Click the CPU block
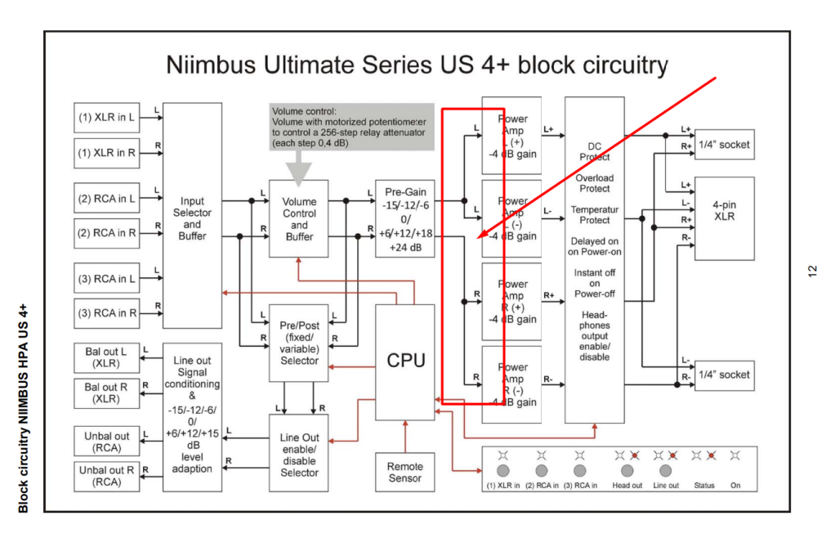pyautogui.click(x=405, y=361)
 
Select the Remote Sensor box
pyautogui.click(x=405, y=472)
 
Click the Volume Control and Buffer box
pyautogui.click(x=299, y=218)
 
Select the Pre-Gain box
pyautogui.click(x=405, y=218)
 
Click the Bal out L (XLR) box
pyautogui.click(x=106, y=357)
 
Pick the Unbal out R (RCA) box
pyautogui.click(x=106, y=476)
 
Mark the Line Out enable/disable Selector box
pyautogui.click(x=299, y=453)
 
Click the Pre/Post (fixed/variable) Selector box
pyautogui.click(x=299, y=343)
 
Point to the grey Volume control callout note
pyautogui.click(x=352, y=127)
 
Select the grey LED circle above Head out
pyautogui.click(x=627, y=471)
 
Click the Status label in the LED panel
pyautogui.click(x=703, y=485)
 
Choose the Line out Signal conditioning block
pyautogui.click(x=192, y=416)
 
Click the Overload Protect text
pyautogui.click(x=595, y=182)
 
